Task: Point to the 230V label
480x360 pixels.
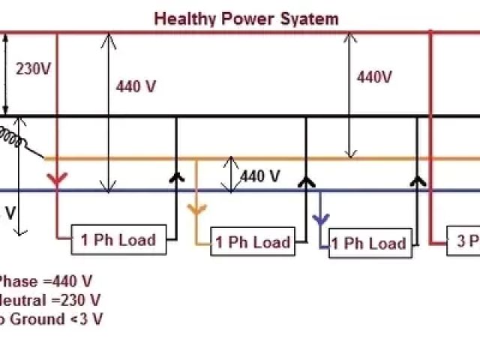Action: (x=33, y=70)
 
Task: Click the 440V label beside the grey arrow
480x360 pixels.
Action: (x=374, y=76)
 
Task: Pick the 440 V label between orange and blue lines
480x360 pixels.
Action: (x=259, y=177)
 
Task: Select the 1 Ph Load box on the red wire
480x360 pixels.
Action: (x=117, y=240)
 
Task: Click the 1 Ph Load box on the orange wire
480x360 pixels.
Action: (x=252, y=242)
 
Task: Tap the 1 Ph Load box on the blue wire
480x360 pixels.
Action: (x=367, y=243)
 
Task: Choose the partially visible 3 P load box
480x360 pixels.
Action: (x=463, y=241)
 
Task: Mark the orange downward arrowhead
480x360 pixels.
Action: (x=196, y=208)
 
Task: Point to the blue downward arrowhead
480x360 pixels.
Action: (x=321, y=220)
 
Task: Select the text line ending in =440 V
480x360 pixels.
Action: (x=45, y=282)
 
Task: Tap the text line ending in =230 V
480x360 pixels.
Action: (x=49, y=301)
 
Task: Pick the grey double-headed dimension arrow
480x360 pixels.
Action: (x=348, y=94)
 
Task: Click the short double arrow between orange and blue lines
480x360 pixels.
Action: (x=232, y=175)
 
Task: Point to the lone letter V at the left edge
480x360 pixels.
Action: (x=10, y=213)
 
